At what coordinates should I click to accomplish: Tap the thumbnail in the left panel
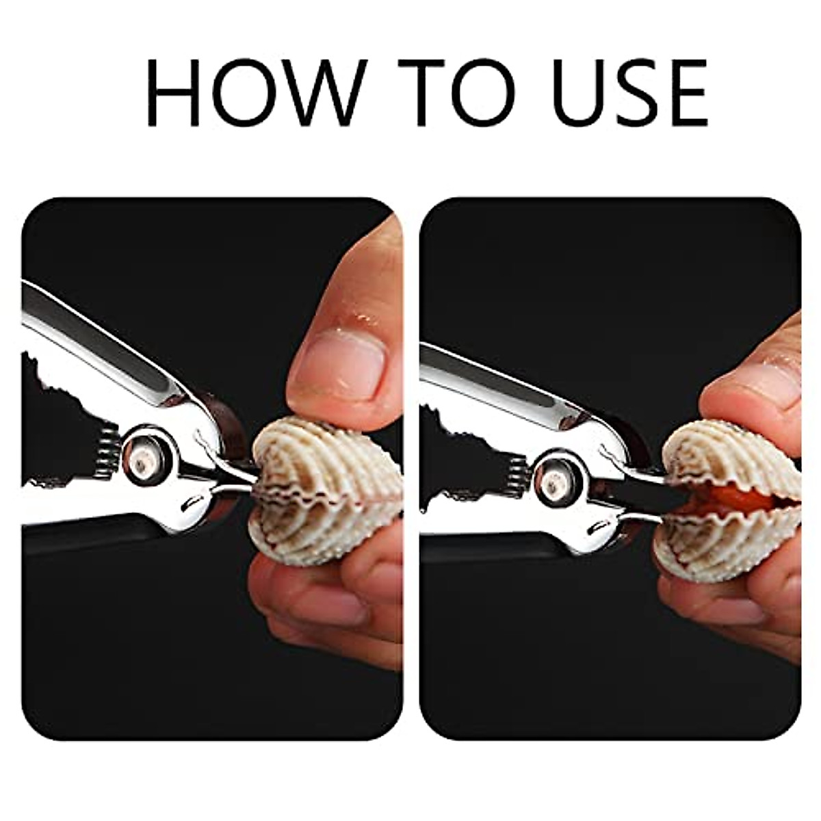[342, 363]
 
